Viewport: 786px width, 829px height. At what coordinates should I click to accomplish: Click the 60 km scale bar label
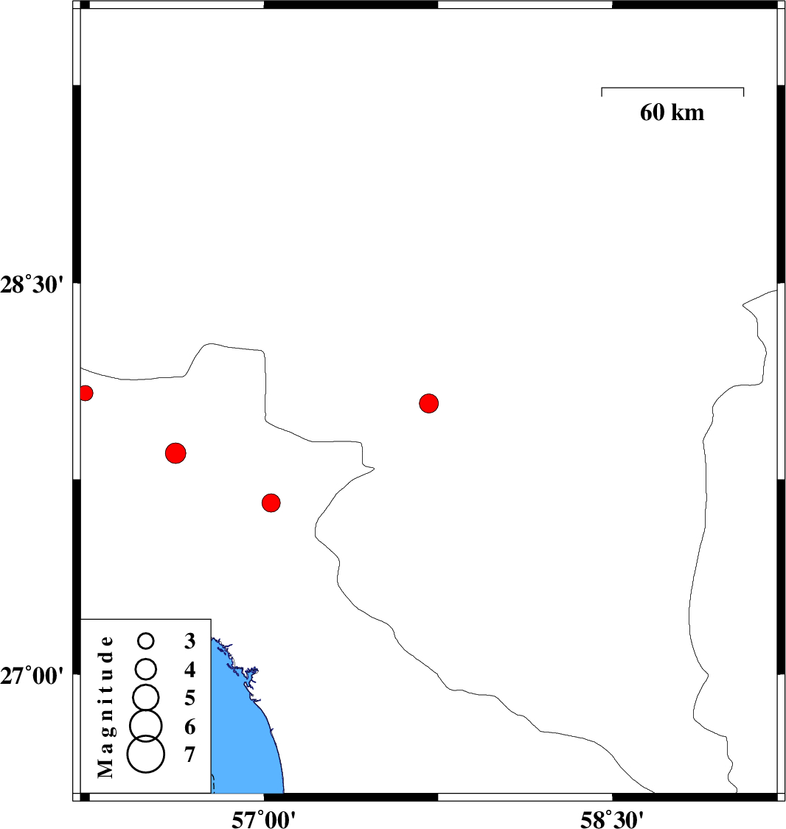coord(672,113)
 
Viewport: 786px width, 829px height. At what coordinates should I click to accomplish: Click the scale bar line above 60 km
coord(672,88)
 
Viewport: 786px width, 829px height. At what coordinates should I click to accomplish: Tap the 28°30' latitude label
coord(32,285)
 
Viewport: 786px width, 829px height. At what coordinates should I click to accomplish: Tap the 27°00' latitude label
coord(32,676)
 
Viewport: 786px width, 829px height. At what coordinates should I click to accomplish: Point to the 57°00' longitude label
coord(263,819)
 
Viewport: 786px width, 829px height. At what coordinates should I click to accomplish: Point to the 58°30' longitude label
coord(612,819)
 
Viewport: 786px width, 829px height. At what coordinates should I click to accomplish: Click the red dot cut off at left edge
coord(86,393)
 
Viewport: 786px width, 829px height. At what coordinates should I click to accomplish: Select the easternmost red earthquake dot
coord(428,403)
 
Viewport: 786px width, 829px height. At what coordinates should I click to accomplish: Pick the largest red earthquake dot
coord(175,453)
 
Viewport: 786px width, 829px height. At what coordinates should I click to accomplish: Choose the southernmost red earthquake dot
coord(271,503)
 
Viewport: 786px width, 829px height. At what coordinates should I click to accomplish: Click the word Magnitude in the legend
coord(105,707)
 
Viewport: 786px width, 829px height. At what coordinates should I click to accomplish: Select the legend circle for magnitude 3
coord(146,641)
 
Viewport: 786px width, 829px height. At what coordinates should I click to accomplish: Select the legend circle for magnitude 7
coord(146,754)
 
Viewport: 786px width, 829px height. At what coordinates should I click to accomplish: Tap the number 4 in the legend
coord(190,670)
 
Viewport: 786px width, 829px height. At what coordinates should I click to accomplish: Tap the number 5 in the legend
coord(190,698)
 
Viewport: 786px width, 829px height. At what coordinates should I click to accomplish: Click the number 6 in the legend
coord(190,727)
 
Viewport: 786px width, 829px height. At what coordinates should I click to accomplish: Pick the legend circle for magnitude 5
coord(146,697)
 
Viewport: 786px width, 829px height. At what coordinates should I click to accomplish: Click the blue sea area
coord(244,735)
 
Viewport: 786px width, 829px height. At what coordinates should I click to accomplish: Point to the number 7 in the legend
coord(190,755)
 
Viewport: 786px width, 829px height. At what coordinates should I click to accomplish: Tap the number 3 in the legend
coord(190,641)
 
